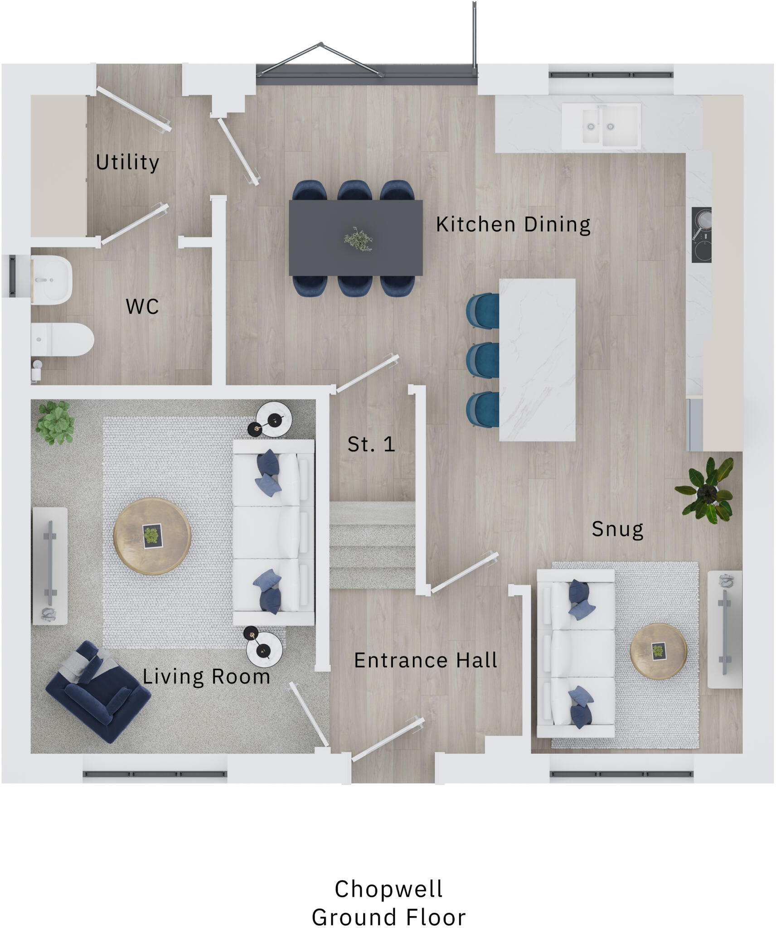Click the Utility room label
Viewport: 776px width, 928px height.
point(127,162)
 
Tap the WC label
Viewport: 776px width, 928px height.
point(142,307)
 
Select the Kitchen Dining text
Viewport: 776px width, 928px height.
point(513,224)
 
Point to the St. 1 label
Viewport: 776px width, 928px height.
point(371,445)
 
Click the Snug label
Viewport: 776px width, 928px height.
point(617,529)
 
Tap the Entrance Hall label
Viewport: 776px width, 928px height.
point(425,660)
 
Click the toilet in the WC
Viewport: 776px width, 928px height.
point(63,339)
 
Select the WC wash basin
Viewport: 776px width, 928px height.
point(51,280)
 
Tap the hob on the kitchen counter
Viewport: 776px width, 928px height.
point(701,235)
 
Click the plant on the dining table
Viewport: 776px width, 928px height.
point(358,239)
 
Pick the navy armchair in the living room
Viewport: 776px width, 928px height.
point(97,692)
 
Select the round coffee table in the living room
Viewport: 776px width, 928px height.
point(152,536)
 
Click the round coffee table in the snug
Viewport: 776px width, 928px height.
point(658,651)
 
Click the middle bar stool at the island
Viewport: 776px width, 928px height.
point(483,360)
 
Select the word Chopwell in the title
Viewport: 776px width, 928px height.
point(388,889)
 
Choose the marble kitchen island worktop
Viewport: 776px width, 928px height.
point(537,360)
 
